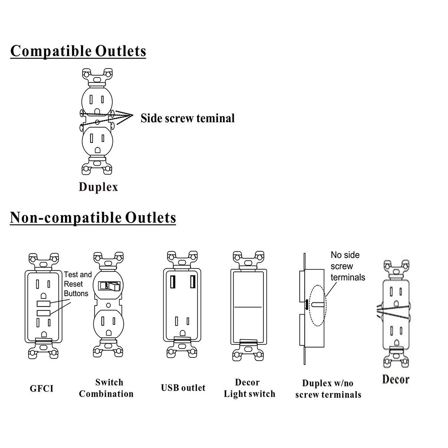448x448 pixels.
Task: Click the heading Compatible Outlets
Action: coord(78,51)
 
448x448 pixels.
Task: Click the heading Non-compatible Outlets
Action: coord(93,218)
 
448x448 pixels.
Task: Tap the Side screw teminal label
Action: coord(188,118)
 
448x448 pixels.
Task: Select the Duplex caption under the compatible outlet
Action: coord(99,187)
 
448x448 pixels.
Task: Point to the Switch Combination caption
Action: coord(109,388)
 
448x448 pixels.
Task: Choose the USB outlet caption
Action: coord(183,388)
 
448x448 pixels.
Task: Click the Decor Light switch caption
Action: coord(249,388)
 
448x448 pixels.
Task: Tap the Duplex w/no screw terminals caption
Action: coord(332,388)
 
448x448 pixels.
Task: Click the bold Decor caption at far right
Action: coord(396,379)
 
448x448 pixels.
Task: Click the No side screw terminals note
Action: coord(348,266)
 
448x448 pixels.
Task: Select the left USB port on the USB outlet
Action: coord(172,282)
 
